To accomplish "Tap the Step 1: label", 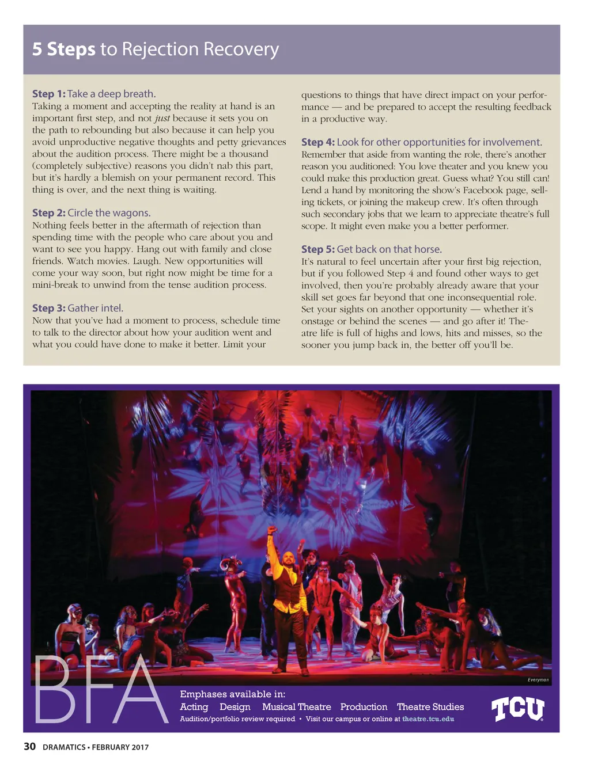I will point(49,94).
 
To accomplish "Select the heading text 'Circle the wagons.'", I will point(109,213).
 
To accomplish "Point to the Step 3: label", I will point(49,309).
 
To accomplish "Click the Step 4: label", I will point(317,142).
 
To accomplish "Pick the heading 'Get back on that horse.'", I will point(389,249).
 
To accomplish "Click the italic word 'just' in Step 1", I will point(162,118).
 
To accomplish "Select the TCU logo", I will point(517,709).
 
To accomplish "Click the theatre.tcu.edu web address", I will point(428,719).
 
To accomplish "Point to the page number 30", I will point(29,747).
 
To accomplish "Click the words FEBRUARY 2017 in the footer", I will point(120,747).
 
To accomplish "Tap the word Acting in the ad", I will point(194,707).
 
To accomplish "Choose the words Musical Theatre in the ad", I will point(296,707).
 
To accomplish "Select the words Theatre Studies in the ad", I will point(430,707).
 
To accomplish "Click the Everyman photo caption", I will point(538,680).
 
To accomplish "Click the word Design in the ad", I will point(235,707).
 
